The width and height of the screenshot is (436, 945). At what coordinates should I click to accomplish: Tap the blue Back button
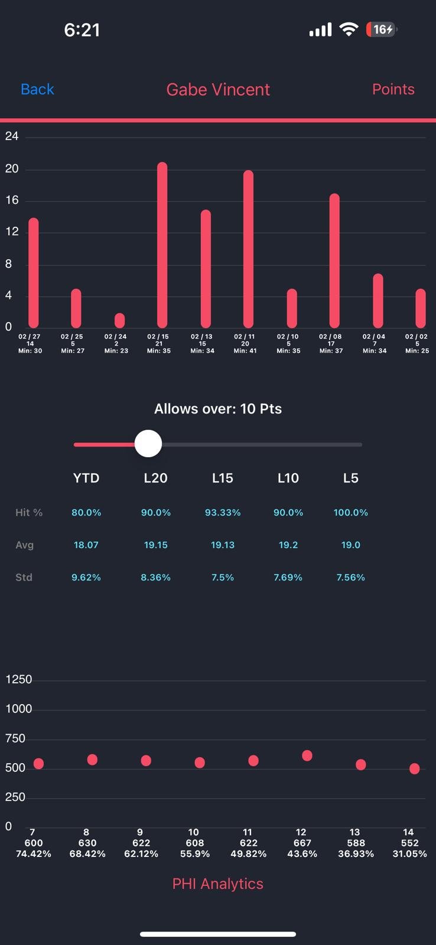click(x=37, y=89)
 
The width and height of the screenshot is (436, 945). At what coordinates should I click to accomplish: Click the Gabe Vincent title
click(x=218, y=89)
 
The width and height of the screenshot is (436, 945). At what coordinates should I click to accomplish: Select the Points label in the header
click(x=393, y=89)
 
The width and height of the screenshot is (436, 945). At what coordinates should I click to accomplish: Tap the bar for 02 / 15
click(x=162, y=245)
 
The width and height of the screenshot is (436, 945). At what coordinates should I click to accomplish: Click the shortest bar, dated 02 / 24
click(x=119, y=320)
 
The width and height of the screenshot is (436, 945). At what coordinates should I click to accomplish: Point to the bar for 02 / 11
click(x=248, y=249)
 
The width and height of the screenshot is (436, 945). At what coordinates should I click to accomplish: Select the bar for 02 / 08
click(x=334, y=260)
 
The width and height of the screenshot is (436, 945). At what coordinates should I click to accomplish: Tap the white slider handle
click(x=148, y=444)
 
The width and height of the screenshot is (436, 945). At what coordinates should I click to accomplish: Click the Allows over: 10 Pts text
click(x=218, y=409)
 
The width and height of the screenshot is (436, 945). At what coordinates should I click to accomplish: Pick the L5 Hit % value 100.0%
click(x=350, y=513)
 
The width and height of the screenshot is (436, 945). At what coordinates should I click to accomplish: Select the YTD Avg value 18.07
click(x=86, y=545)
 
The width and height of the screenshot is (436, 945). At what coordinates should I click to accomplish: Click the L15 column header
click(x=223, y=478)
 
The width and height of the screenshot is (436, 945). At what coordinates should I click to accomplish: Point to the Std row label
click(x=24, y=577)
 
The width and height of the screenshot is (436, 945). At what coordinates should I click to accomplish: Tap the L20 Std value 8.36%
click(x=155, y=577)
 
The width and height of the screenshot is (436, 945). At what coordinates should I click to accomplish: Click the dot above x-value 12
click(x=307, y=755)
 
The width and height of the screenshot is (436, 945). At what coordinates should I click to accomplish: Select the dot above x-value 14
click(x=414, y=768)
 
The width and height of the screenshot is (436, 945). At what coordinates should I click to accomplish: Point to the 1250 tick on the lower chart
click(x=18, y=679)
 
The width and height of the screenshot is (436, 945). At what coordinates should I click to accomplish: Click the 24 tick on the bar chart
click(x=12, y=136)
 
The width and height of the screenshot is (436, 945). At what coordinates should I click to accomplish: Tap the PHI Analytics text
click(x=218, y=884)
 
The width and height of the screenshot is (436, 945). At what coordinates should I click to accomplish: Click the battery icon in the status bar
click(x=382, y=30)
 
